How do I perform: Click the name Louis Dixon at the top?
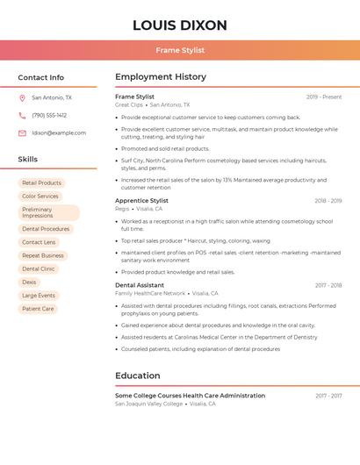[x=180, y=25]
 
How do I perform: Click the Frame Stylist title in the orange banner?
[x=180, y=51]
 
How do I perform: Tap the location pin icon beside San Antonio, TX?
[x=22, y=98]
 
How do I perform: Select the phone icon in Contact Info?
[x=22, y=116]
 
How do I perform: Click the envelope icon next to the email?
[x=22, y=133]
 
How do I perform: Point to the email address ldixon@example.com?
[x=59, y=133]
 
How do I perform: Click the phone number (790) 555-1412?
[x=49, y=116]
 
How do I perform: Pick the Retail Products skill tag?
[x=41, y=183]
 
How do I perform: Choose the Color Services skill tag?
[x=40, y=197]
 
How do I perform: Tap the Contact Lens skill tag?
[x=39, y=242]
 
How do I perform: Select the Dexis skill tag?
[x=30, y=283]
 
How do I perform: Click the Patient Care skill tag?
[x=38, y=309]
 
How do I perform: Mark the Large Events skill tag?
[x=39, y=296]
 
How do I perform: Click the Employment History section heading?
[x=161, y=77]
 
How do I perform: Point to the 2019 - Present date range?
[x=324, y=97]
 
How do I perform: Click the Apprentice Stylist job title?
[x=141, y=201]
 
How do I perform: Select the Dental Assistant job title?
[x=140, y=285]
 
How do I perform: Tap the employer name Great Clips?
[x=129, y=105]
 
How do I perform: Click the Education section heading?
[x=138, y=376]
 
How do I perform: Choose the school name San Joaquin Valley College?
[x=149, y=404]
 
